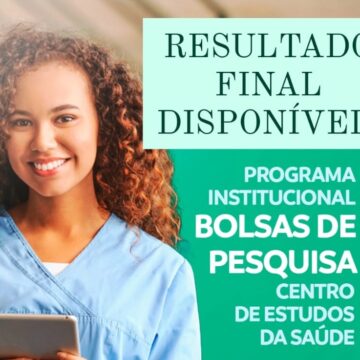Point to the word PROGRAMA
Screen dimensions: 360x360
point(298,174)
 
